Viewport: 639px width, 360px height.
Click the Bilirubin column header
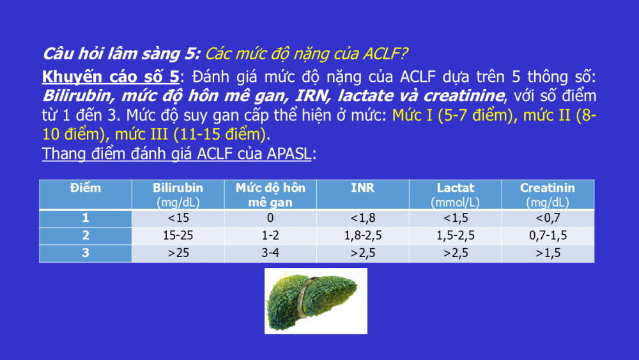[x=178, y=194]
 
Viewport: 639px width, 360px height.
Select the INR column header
[x=363, y=194]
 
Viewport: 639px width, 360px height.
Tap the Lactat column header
[x=455, y=194]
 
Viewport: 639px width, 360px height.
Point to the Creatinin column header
[x=548, y=194]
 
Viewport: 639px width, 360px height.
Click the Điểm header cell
[x=86, y=194]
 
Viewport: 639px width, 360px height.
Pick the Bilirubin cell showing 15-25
[x=178, y=236]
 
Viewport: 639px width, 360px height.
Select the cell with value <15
[x=178, y=218]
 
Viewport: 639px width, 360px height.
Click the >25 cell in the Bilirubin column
[x=178, y=253]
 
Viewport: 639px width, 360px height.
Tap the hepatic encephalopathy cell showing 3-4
[x=270, y=253]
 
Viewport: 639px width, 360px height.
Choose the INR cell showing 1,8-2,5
[x=363, y=236]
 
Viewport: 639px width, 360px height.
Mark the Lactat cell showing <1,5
[x=455, y=218]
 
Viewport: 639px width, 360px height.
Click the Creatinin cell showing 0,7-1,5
[x=548, y=236]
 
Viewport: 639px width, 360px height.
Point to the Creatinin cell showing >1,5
[x=548, y=253]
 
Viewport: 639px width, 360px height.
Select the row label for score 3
[x=86, y=253]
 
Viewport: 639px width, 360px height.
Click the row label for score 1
[x=86, y=218]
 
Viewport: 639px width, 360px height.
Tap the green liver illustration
[x=316, y=301]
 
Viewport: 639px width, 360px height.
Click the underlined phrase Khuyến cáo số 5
[x=111, y=77]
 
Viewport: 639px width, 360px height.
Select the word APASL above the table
[x=289, y=153]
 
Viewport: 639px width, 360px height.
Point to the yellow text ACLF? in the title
[x=385, y=54]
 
